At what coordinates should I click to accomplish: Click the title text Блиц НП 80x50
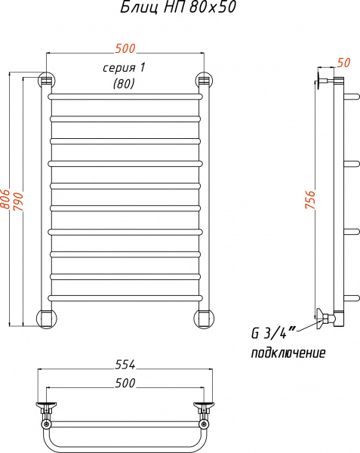(178, 8)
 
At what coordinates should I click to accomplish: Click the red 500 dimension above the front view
(125, 48)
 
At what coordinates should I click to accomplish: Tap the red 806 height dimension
(5, 199)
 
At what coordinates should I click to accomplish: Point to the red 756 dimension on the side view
(310, 199)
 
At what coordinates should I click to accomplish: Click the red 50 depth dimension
(343, 63)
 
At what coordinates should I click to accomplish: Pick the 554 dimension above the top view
(125, 365)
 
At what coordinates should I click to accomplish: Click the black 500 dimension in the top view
(125, 383)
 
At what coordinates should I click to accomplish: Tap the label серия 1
(124, 68)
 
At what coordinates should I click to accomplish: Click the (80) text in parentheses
(124, 84)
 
